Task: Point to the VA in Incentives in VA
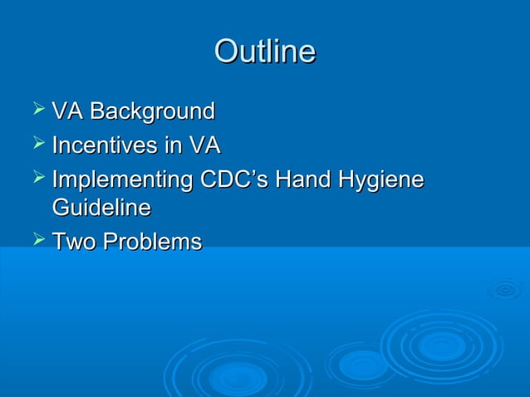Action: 204,146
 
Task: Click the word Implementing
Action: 122,180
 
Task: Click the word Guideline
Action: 101,207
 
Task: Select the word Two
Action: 71,242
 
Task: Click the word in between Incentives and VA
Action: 173,146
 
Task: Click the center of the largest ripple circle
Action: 443,344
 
